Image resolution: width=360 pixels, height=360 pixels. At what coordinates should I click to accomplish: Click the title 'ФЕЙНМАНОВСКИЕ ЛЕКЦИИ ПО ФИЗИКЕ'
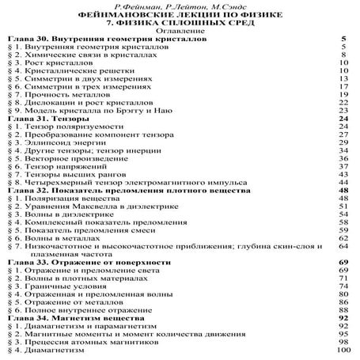[180, 14]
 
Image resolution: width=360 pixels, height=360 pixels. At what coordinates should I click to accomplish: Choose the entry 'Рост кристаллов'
[55, 62]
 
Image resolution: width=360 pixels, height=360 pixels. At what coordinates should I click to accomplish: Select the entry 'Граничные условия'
[60, 285]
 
